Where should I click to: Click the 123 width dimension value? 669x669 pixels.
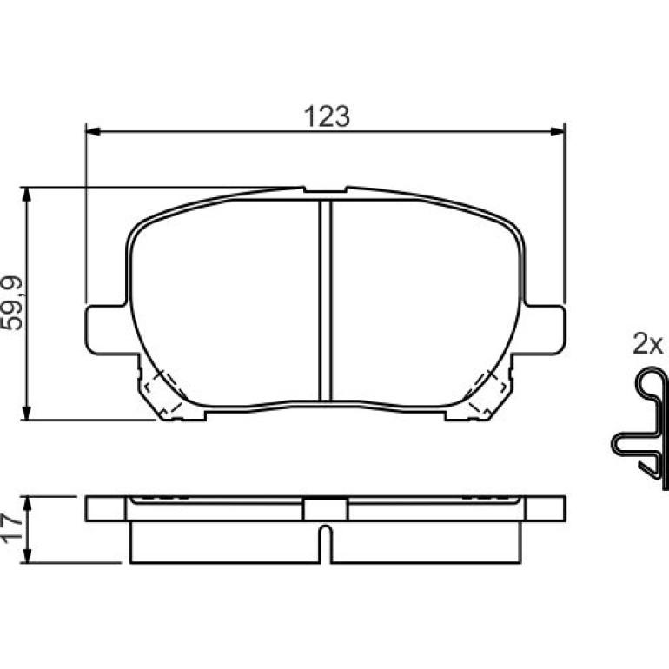[x=327, y=116]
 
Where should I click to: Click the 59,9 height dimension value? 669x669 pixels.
[x=11, y=303]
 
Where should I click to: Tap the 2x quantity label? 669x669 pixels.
[x=647, y=344]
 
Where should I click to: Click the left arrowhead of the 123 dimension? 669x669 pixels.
[x=93, y=131]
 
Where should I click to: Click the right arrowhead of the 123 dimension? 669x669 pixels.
[x=558, y=131]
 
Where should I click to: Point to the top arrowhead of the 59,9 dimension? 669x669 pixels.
[x=27, y=194]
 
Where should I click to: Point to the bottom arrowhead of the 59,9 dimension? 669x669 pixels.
[x=27, y=413]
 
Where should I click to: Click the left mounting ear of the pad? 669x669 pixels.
[x=107, y=329]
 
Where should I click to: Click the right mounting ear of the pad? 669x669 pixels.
[x=545, y=329]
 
